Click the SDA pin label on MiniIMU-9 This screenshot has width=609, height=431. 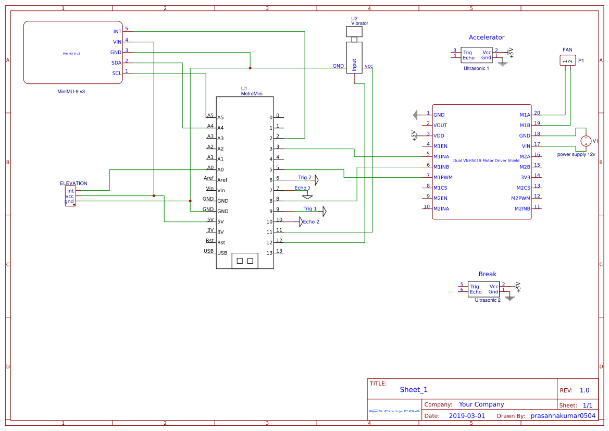click(x=116, y=63)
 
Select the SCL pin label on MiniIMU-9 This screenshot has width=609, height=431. click(x=117, y=73)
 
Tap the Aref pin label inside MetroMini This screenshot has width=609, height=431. click(x=222, y=180)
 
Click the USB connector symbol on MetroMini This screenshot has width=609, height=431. click(x=244, y=260)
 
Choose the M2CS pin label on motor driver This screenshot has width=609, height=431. click(x=523, y=188)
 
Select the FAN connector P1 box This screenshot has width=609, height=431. click(x=567, y=61)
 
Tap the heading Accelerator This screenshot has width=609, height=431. click(x=486, y=38)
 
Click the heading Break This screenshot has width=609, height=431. click(x=487, y=274)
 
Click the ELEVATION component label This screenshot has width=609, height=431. click(x=73, y=183)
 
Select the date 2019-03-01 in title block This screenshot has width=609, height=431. click(x=466, y=416)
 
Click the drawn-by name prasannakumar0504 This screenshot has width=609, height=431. click(x=563, y=416)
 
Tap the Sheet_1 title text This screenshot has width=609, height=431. click(x=413, y=389)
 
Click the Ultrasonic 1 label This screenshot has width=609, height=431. click(x=476, y=68)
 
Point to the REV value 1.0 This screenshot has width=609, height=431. click(x=584, y=390)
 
